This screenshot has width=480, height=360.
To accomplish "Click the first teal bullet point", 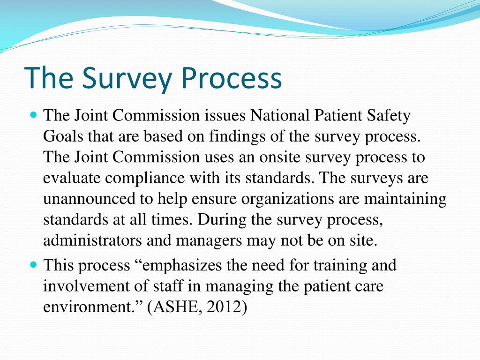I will tap(33, 114).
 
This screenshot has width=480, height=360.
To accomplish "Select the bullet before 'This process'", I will tap(33, 265).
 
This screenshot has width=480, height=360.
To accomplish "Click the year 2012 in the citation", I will tap(223, 307).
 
